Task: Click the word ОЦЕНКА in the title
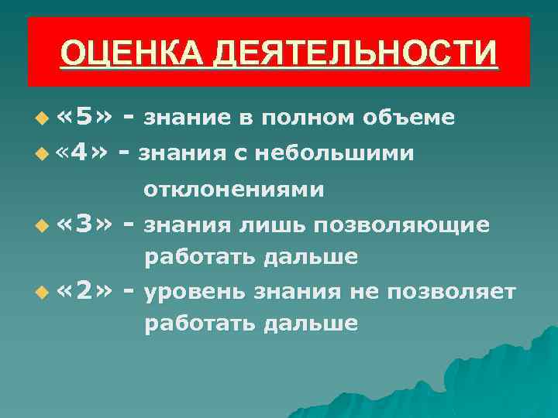point(122,54)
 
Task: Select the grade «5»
point(86,117)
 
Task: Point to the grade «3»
point(86,224)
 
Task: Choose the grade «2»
point(86,291)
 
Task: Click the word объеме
point(407,118)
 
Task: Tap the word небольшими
point(342,154)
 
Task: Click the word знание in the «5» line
point(188,118)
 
